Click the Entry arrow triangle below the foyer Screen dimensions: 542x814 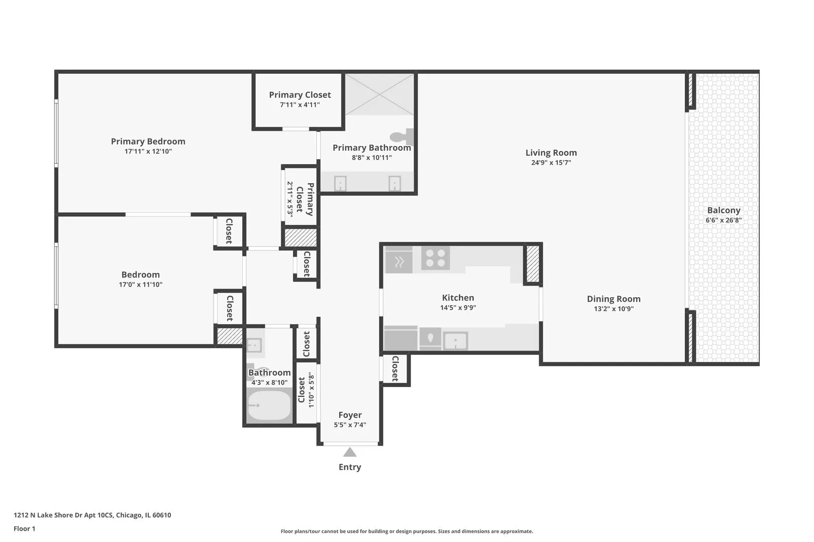350,452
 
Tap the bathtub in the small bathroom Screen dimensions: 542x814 269,406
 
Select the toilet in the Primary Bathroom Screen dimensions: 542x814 400,137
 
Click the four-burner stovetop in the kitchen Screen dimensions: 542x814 435,258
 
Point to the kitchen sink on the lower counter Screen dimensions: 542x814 455,341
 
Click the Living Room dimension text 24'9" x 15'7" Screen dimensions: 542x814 551,163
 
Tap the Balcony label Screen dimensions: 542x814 723,210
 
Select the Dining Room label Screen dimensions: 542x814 613,299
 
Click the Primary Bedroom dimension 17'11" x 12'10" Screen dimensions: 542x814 148,151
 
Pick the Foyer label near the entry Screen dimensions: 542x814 350,415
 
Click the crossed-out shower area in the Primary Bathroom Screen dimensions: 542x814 379,94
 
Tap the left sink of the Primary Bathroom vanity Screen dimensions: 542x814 340,183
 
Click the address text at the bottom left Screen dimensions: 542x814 92,515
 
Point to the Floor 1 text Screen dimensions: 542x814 24,528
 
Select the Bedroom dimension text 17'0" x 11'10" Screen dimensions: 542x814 140,285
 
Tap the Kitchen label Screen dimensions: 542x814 458,298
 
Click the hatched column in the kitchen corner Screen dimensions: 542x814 532,264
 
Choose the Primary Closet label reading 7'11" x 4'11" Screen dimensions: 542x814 299,99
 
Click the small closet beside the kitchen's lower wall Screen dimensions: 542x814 395,369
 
